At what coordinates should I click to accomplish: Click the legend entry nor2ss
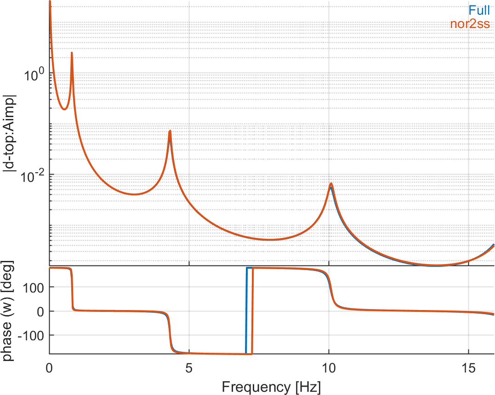point(470,23)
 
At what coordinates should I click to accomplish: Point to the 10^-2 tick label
point(31,175)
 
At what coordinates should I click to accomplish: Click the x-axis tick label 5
point(189,368)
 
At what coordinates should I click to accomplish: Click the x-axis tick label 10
point(328,368)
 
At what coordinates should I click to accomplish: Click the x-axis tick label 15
point(468,368)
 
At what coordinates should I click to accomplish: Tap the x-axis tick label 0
point(49,368)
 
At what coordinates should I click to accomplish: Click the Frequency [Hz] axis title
point(271,386)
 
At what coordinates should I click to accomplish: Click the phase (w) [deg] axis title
point(9,310)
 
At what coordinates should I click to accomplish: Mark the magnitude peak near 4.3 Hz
point(170,131)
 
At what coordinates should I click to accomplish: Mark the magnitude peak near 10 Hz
point(330,184)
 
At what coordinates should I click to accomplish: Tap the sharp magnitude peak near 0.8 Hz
point(72,53)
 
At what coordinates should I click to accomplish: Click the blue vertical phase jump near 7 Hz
point(246,310)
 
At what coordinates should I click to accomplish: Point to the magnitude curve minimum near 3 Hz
point(134,194)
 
